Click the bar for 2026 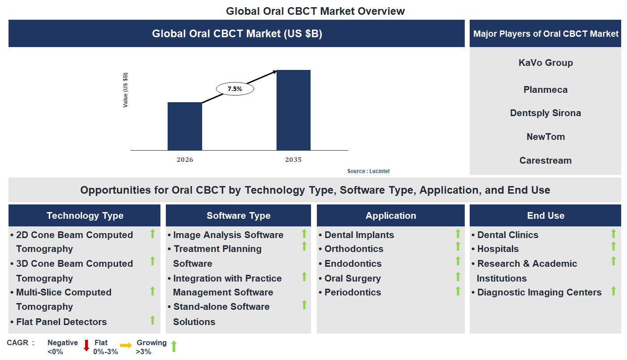tap(185, 126)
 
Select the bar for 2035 tap(293, 110)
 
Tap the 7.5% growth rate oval tap(235, 89)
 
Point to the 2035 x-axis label tap(293, 160)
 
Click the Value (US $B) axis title tap(125, 90)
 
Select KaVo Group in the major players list tap(545, 63)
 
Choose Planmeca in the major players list tap(545, 90)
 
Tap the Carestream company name tap(545, 160)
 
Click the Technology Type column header tap(85, 216)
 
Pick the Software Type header tap(238, 216)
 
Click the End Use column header tap(545, 216)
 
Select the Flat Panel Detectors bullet tap(61, 322)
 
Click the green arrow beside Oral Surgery tap(458, 277)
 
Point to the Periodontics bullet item tap(353, 292)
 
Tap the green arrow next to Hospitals tap(614, 246)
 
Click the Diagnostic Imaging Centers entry tap(539, 292)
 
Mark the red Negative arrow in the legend tap(86, 346)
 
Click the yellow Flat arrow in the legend tap(126, 345)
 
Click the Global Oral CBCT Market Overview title tap(315, 11)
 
